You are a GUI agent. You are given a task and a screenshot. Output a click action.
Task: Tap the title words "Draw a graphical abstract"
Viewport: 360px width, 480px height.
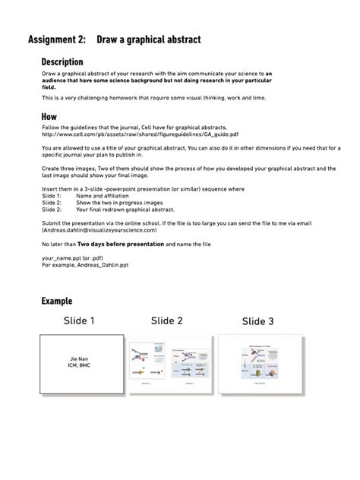148,39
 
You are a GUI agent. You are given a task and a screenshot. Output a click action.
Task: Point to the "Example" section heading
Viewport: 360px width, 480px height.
57,302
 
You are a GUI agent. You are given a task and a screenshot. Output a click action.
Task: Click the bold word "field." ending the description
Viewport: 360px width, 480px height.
49,87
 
